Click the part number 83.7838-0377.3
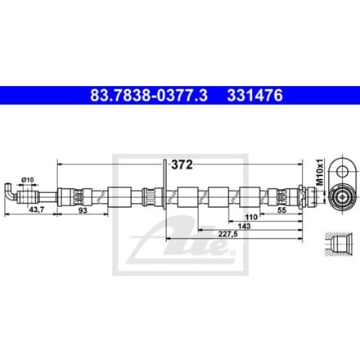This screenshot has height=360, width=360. pos(149,96)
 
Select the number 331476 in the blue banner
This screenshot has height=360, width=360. pos(255,96)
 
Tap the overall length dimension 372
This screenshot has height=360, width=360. pos(182,164)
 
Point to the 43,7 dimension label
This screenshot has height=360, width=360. pos(37,209)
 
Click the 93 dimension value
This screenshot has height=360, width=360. pos(83,210)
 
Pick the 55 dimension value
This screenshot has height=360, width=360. pos(281,210)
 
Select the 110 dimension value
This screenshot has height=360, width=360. pos(251,217)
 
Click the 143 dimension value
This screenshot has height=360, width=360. pos(244,226)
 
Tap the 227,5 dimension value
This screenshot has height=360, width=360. pos(228,234)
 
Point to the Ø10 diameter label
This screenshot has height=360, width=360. pos(27,180)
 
